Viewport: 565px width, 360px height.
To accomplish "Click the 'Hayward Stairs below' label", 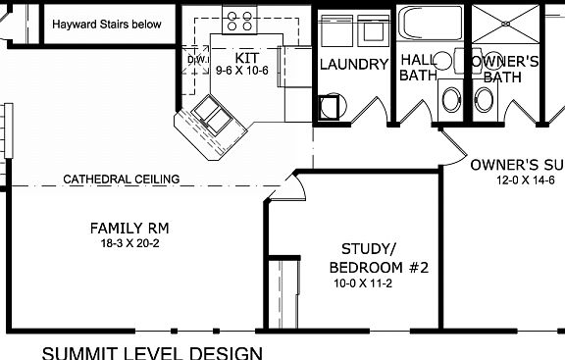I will (x=106, y=25).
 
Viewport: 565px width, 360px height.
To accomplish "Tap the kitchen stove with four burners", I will (x=238, y=18).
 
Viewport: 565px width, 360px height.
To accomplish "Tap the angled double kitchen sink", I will (x=213, y=117).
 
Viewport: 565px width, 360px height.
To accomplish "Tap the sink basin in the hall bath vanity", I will (x=452, y=99).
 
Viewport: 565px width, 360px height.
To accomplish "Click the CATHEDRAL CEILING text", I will (x=121, y=180).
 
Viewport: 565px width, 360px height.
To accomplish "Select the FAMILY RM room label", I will (x=128, y=228).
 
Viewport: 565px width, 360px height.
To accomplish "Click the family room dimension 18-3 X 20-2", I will (x=128, y=243).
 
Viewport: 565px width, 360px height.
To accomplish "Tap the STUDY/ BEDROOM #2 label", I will (x=380, y=258).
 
